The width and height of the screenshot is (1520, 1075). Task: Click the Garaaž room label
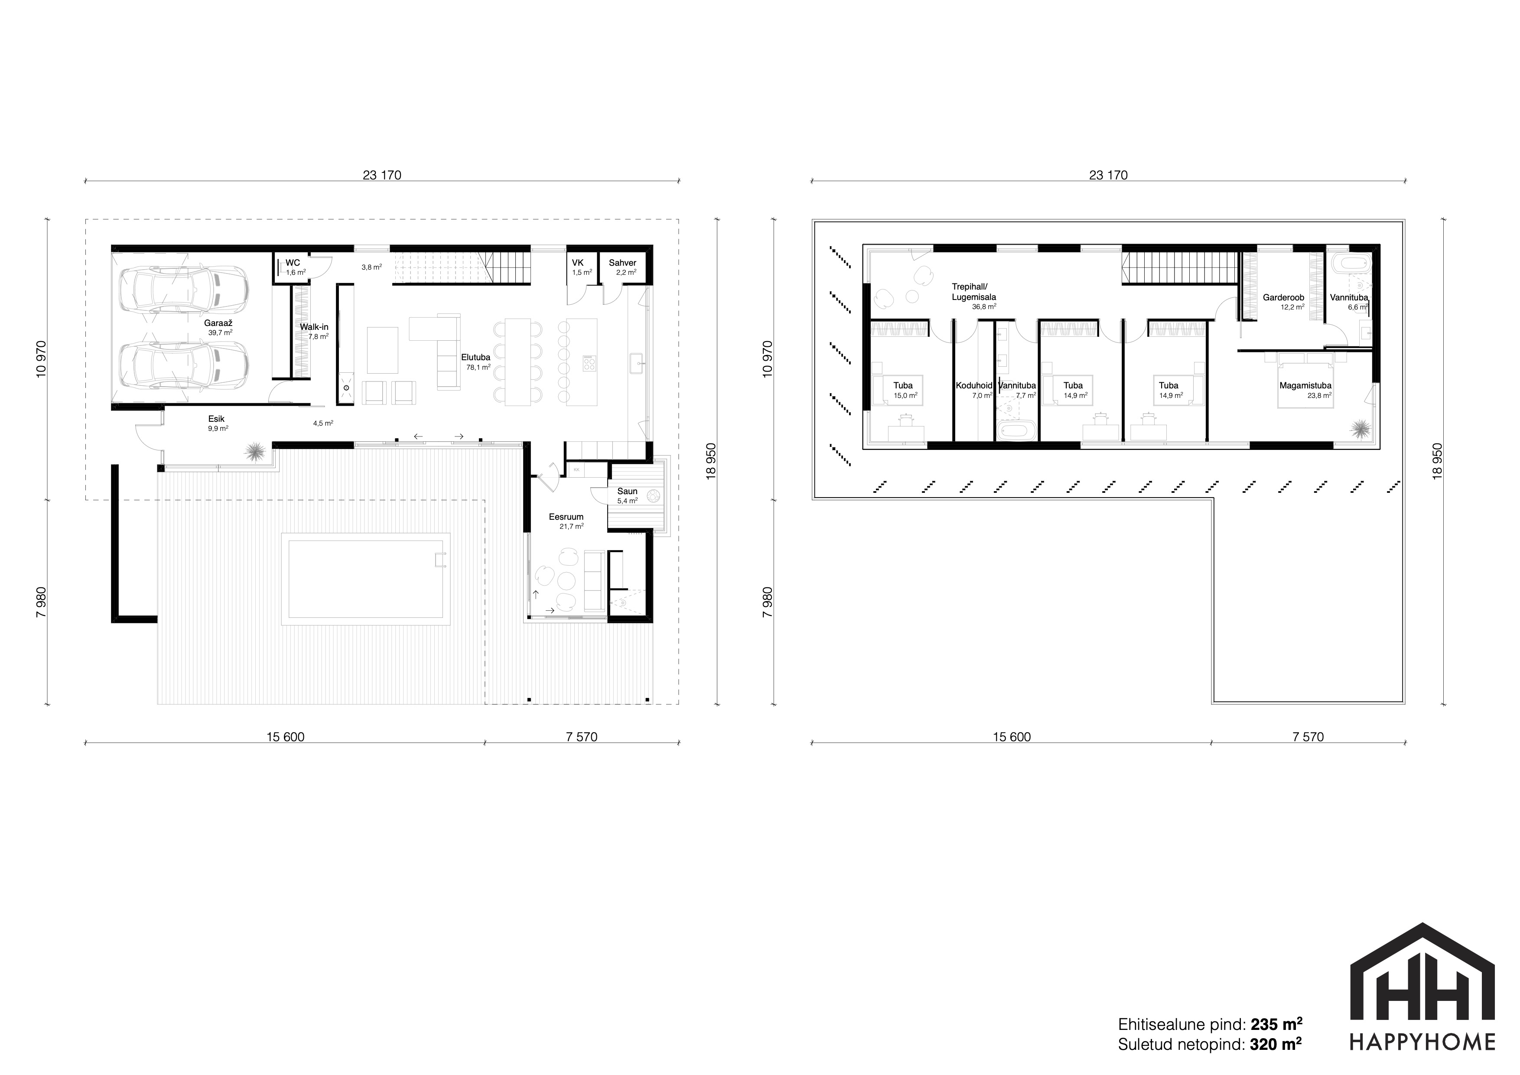[218, 323]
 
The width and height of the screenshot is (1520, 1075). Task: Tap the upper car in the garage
[183, 289]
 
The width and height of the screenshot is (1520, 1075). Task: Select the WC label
[293, 263]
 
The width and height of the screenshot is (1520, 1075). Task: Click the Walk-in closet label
[314, 327]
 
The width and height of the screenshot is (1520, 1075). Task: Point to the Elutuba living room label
[476, 358]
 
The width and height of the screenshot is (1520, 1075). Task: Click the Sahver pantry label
[622, 263]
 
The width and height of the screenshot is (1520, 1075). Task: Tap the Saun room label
[627, 491]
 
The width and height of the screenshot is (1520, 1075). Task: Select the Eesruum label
[566, 517]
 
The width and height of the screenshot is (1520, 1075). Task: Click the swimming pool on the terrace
[365, 579]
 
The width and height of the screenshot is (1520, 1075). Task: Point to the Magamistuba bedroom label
[1305, 385]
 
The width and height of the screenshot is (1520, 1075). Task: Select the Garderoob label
[1284, 298]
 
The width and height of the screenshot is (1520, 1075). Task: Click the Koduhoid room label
[974, 385]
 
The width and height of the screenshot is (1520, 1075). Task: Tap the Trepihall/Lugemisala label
[974, 292]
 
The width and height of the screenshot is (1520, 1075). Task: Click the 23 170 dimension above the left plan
[382, 176]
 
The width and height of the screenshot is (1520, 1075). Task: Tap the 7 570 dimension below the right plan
[1308, 737]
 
